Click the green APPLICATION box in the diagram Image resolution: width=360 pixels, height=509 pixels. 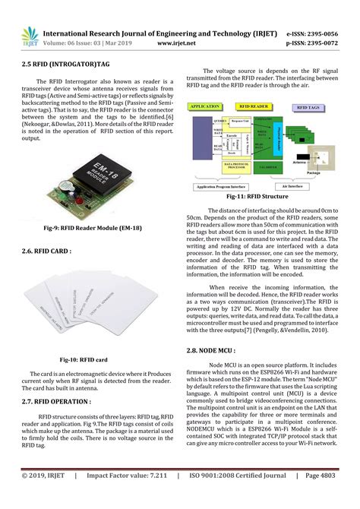[x=205, y=107]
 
